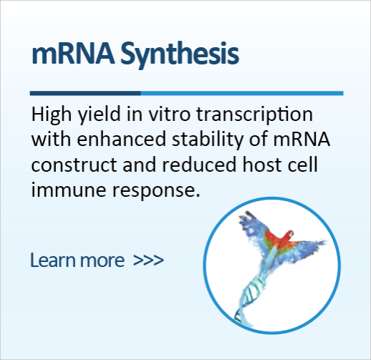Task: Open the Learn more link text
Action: pos(78,259)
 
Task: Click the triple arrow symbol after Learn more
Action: pos(148,259)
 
